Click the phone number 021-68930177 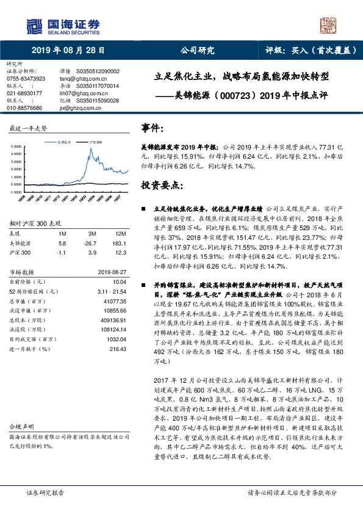(x=24, y=93)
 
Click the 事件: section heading (x=153, y=128)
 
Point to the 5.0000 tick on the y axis (x=18, y=147)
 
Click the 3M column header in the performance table (x=93, y=234)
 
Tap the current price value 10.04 (x=119, y=282)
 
